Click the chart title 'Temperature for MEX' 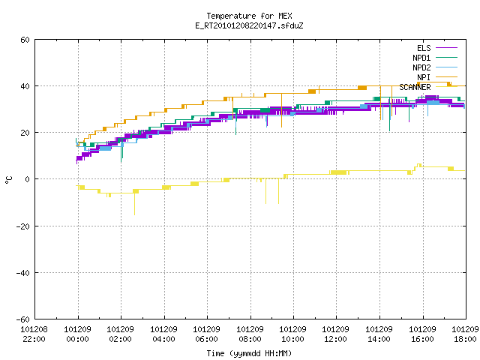coord(249,16)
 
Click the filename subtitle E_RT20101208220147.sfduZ coord(249,25)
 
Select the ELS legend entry coord(436,48)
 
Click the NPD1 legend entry coord(435,58)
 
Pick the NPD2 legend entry coord(435,67)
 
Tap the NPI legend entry coord(436,77)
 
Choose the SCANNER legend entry coord(428,87)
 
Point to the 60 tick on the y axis coord(25,40)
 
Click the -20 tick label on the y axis coord(23,226)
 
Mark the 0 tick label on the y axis coord(28,179)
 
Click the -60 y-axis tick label coord(23,319)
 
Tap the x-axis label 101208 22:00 coord(34,334)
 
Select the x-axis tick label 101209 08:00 coord(250,334)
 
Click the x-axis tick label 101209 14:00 coord(379,334)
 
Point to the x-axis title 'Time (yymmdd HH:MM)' coord(249,353)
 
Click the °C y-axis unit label coord(8,179)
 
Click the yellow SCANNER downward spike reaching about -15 coord(134,203)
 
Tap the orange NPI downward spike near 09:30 coord(282,110)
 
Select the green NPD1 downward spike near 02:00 coord(121,151)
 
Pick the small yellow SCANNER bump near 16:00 coord(418,165)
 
